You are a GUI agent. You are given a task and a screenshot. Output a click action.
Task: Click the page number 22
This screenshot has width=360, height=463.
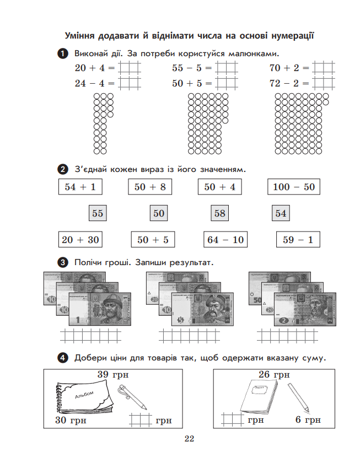coord(190,439)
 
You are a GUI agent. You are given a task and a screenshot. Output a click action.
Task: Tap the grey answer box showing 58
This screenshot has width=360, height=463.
coord(220,213)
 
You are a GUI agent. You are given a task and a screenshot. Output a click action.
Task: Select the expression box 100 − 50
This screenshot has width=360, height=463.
coord(293,187)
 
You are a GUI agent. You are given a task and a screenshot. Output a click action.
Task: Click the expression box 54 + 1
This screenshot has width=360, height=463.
coord(80,187)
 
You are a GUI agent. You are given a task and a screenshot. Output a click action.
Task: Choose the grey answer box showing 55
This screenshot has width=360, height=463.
coord(98,213)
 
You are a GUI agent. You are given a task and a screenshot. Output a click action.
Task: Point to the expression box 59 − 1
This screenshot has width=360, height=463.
coord(298,240)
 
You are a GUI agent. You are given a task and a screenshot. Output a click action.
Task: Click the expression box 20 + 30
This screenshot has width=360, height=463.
coord(80,240)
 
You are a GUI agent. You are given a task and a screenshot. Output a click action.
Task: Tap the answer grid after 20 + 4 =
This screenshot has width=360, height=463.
coord(129,68)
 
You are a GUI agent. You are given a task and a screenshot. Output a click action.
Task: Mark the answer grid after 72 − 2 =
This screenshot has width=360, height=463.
coord(323,83)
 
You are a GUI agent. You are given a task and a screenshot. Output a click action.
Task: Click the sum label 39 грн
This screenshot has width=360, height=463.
coord(113,375)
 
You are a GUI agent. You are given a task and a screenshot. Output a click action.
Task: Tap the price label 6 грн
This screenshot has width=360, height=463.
coord(308,421)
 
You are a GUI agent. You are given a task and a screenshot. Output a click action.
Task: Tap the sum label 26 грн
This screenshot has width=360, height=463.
coord(274,375)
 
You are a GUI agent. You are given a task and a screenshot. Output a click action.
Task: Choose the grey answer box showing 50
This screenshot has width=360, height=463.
coord(159,213)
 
